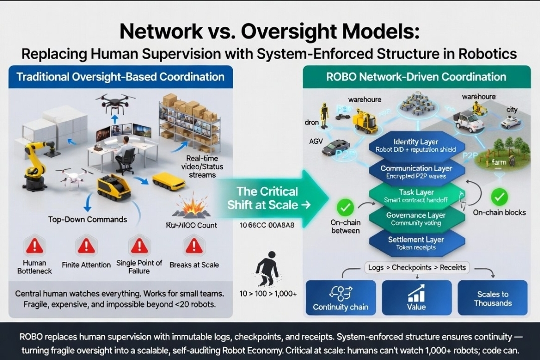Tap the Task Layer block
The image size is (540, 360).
click(409, 196)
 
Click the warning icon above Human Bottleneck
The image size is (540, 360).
click(35, 245)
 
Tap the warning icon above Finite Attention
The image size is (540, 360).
click(86, 245)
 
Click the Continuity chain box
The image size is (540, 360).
click(340, 297)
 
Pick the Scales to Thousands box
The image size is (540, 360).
click(492, 297)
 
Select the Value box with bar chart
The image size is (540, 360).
click(416, 297)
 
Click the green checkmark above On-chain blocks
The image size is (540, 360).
click(498, 197)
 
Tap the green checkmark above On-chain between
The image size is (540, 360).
click(345, 206)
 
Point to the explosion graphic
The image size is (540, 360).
click(191, 207)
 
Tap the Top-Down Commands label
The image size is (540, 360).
click(87, 219)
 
